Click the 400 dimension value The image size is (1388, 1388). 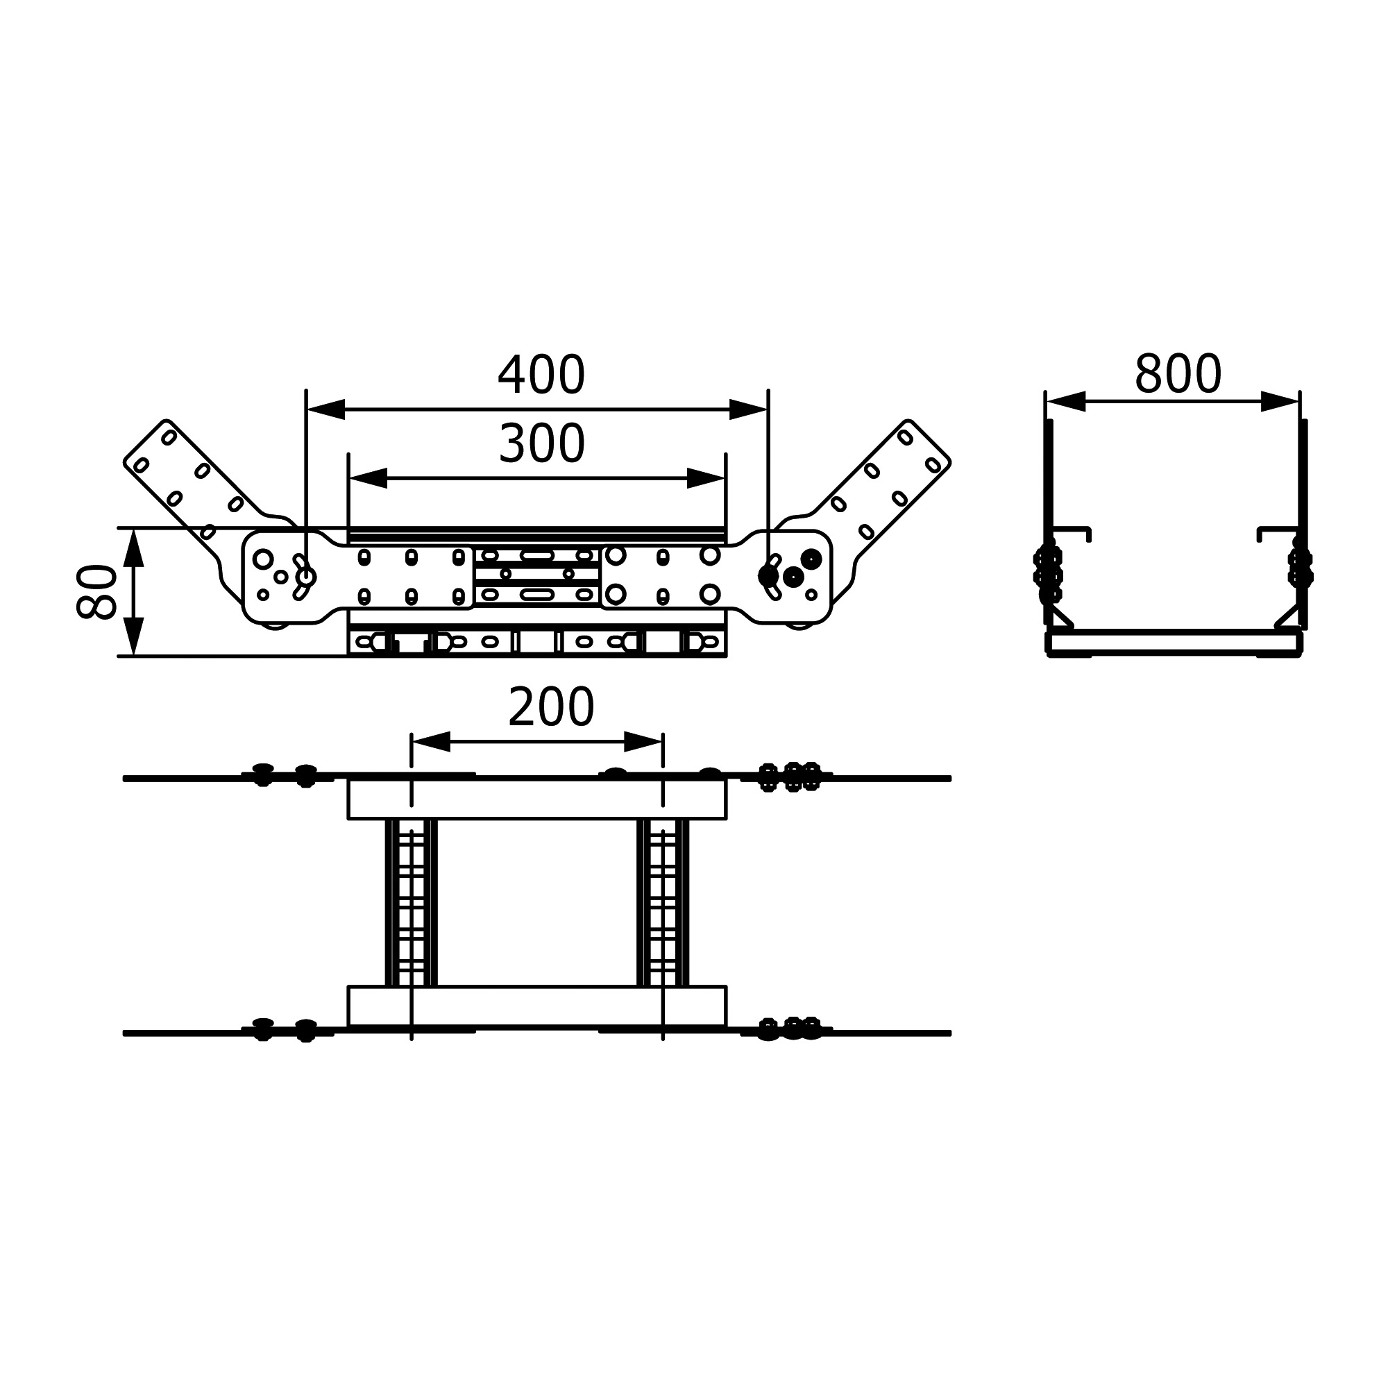(x=542, y=375)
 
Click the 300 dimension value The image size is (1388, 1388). (x=542, y=443)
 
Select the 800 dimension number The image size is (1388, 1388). (x=1178, y=374)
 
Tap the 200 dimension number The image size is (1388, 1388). (x=551, y=707)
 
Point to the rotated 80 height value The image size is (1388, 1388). (x=96, y=591)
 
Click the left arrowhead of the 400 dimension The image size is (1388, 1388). (x=326, y=409)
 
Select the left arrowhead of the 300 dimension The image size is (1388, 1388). (x=369, y=477)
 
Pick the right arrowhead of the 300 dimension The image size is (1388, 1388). (x=706, y=477)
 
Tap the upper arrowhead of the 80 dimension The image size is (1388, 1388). (x=134, y=548)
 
